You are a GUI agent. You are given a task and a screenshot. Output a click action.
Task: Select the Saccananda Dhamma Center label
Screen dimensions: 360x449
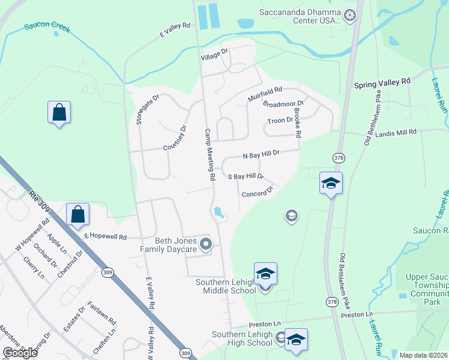(300, 16)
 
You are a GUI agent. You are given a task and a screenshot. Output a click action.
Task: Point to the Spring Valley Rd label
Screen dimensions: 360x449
(382, 81)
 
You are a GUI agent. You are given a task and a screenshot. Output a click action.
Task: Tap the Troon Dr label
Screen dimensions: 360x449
(281, 120)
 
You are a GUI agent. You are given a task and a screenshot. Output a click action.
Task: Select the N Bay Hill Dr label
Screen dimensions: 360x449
(261, 155)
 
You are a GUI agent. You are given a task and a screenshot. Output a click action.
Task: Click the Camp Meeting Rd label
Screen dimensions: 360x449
(209, 155)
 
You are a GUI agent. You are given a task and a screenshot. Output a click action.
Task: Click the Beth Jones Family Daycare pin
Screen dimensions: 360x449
(206, 244)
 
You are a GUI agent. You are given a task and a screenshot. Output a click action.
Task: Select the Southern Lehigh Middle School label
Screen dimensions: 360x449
(226, 286)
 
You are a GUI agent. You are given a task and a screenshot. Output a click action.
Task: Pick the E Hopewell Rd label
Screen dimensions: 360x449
(106, 237)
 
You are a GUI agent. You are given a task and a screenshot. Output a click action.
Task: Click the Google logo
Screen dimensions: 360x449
(20, 353)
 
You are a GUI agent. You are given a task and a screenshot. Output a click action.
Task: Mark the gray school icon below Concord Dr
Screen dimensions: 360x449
(291, 215)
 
